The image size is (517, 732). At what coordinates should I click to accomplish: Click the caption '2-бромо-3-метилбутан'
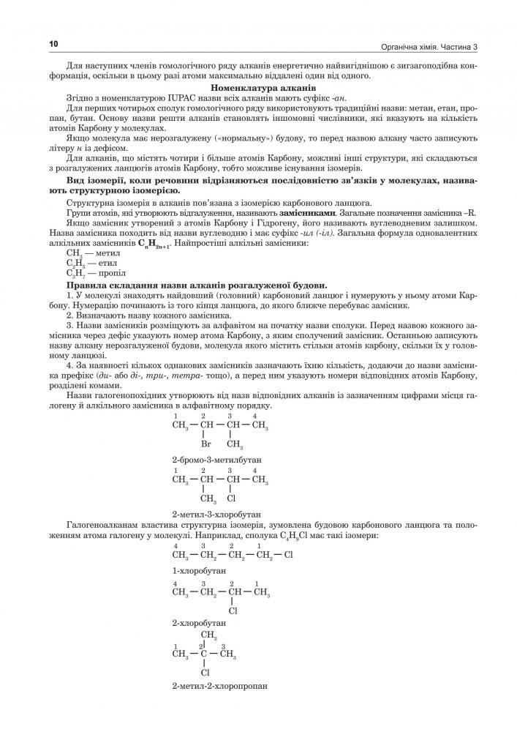click(217, 460)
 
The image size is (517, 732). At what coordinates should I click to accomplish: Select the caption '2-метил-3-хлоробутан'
click(216, 515)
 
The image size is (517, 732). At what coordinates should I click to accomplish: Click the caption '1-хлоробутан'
click(199, 569)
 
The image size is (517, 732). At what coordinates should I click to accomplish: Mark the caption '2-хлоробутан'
click(199, 623)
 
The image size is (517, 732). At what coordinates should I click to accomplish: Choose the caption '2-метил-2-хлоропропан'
click(219, 687)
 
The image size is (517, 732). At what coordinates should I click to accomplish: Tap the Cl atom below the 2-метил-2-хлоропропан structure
click(205, 671)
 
